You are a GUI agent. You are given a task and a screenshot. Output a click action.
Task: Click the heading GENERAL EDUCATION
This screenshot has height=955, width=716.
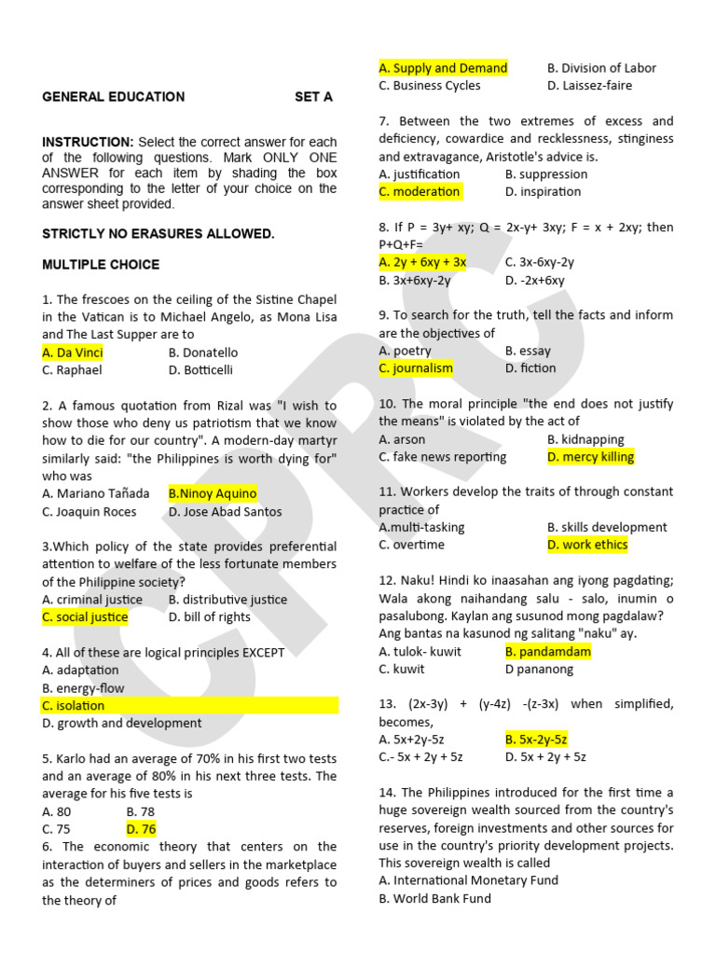pyautogui.click(x=113, y=97)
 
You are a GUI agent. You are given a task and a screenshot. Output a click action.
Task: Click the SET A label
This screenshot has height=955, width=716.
pyautogui.click(x=313, y=97)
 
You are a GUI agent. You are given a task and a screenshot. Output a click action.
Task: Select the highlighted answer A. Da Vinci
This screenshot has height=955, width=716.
pyautogui.click(x=73, y=353)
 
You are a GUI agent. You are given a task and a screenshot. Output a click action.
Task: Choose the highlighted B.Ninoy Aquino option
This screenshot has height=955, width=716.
pyautogui.click(x=213, y=493)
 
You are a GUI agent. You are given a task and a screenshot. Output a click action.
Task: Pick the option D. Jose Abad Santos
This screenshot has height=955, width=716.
pyautogui.click(x=225, y=511)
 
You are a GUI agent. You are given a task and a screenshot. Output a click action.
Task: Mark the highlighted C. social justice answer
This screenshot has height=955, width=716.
pyautogui.click(x=85, y=617)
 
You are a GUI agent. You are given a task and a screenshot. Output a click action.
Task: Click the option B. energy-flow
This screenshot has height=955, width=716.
pyautogui.click(x=83, y=688)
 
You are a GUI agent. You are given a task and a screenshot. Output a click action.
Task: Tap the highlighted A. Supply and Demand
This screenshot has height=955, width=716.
pyautogui.click(x=443, y=68)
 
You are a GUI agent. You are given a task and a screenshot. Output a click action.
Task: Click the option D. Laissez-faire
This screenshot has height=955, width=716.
pyautogui.click(x=589, y=86)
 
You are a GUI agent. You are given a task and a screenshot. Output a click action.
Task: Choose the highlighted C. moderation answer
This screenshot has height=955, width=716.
pyautogui.click(x=420, y=192)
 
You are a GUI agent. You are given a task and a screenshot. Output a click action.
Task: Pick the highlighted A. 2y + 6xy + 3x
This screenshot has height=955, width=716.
pyautogui.click(x=422, y=262)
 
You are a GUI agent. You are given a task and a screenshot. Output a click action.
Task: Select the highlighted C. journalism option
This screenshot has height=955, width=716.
pyautogui.click(x=416, y=368)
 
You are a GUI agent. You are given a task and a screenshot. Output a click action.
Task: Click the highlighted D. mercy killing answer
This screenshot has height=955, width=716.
pyautogui.click(x=590, y=457)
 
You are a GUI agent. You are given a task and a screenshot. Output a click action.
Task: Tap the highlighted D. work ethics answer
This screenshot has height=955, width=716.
pyautogui.click(x=587, y=545)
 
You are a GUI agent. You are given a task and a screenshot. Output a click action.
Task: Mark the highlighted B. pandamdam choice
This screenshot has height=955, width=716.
pyautogui.click(x=548, y=652)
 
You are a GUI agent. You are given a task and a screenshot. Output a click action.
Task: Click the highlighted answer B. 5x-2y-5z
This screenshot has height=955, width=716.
pyautogui.click(x=536, y=740)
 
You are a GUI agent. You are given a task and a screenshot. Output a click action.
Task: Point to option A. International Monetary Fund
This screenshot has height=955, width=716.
pyautogui.click(x=468, y=880)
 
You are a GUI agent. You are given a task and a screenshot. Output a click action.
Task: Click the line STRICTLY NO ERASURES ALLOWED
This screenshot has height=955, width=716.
pyautogui.click(x=158, y=233)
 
